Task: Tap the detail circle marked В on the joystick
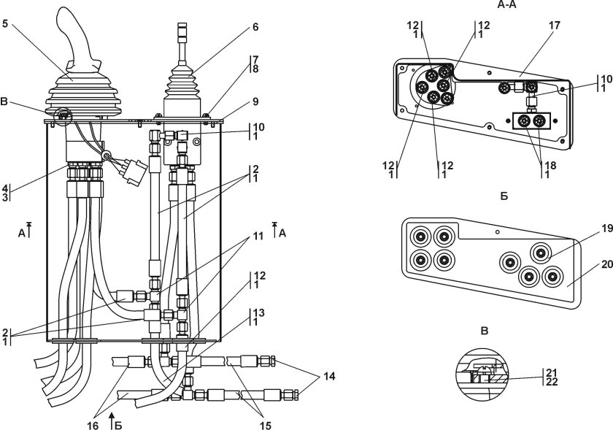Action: tap(61, 115)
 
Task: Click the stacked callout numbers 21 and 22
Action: tap(552, 376)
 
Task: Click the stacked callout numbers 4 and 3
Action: tap(5, 191)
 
